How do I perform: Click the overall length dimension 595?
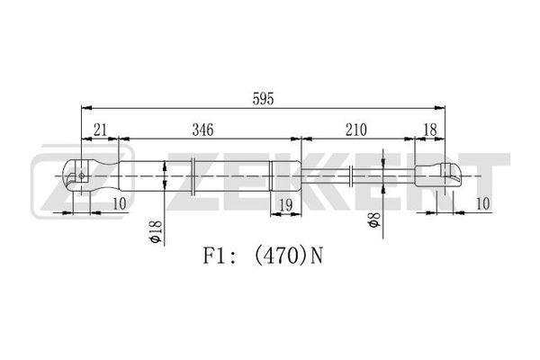click(263, 99)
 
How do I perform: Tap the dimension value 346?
click(202, 130)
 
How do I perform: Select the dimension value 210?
click(356, 130)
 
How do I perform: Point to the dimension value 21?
click(100, 130)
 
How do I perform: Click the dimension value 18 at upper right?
click(430, 130)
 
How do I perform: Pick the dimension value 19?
click(286, 205)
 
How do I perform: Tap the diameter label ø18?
click(156, 231)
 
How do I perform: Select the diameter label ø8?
click(374, 220)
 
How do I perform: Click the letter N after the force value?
click(317, 256)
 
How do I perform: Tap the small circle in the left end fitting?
click(82, 175)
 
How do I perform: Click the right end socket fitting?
click(437, 175)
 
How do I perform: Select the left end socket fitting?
click(91, 175)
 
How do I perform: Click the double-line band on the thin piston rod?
click(351, 176)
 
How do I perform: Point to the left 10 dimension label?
click(120, 203)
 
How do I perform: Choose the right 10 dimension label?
click(482, 203)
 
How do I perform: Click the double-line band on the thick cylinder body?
click(193, 176)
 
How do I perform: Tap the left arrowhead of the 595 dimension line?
click(86, 108)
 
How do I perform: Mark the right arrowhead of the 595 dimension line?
click(440, 108)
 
